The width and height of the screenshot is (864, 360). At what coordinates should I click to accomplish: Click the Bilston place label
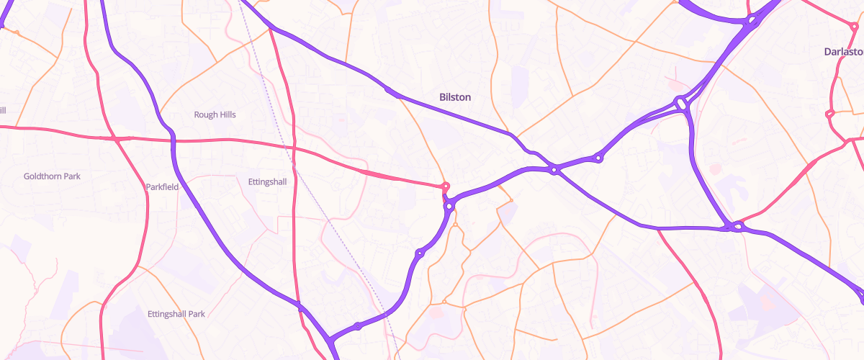(x=455, y=96)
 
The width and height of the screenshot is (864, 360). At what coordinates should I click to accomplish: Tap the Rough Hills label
(x=215, y=114)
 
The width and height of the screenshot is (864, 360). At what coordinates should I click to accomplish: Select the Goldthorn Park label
(x=52, y=176)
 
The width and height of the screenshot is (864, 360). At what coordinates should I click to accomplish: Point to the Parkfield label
(x=162, y=187)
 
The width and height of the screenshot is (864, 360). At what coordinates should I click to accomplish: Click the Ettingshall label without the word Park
(x=266, y=181)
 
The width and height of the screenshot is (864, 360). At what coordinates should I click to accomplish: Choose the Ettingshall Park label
(x=176, y=314)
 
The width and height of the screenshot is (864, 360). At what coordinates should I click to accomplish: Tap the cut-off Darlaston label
(x=844, y=52)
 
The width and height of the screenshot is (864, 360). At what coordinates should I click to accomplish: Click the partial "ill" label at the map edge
(x=3, y=110)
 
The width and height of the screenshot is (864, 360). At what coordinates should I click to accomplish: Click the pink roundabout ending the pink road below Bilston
(x=446, y=186)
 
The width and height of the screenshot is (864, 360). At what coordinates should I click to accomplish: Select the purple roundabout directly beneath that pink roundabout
(x=449, y=207)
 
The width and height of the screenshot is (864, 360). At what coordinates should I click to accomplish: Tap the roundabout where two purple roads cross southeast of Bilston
(x=554, y=170)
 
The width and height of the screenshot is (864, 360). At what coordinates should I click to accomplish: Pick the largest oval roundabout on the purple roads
(x=680, y=104)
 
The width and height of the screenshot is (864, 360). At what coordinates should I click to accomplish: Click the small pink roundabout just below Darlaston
(x=829, y=113)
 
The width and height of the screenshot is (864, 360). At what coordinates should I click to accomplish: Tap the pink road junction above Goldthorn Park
(x=115, y=138)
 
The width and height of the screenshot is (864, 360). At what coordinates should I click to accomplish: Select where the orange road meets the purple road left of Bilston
(x=390, y=91)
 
